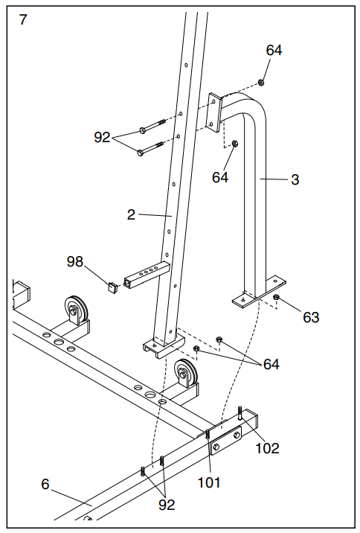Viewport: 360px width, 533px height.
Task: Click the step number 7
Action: click(x=23, y=19)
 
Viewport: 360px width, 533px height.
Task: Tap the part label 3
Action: click(x=295, y=180)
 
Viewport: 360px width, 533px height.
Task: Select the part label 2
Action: click(x=131, y=215)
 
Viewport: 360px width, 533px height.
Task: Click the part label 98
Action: click(x=75, y=262)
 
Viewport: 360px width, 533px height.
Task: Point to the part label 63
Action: click(x=311, y=317)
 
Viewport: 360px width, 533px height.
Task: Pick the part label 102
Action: click(x=267, y=448)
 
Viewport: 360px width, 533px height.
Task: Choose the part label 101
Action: click(x=209, y=482)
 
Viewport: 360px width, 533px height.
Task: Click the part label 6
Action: click(x=45, y=485)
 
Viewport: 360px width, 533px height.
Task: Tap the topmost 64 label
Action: click(x=274, y=51)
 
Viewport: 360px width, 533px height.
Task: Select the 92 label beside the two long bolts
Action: click(x=102, y=137)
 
